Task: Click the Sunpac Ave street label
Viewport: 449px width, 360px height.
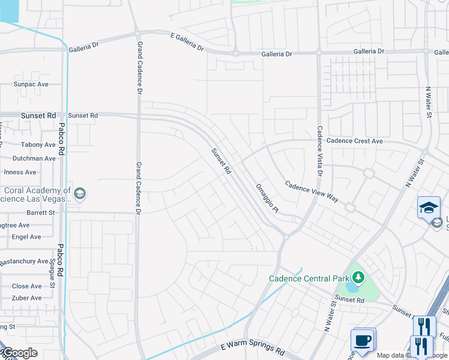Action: tap(31, 85)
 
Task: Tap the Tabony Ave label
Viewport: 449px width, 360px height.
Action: tap(38, 145)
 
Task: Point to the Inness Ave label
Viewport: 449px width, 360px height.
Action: tap(21, 172)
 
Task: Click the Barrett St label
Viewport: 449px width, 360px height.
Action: tap(41, 212)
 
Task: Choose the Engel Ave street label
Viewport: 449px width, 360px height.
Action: tap(26, 237)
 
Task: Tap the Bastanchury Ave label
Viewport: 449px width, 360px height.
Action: tap(24, 262)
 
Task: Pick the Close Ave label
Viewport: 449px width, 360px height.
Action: tap(27, 286)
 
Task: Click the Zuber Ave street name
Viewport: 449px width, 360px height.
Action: tap(27, 298)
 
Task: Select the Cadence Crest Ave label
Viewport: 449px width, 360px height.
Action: tap(354, 141)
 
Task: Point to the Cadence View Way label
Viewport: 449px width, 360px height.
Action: tap(312, 191)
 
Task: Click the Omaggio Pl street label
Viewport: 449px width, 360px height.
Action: tap(267, 198)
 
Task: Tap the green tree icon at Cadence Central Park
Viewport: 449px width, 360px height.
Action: tap(358, 277)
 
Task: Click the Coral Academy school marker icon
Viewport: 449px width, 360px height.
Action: tap(80, 194)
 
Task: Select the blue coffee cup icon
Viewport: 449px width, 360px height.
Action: tap(363, 340)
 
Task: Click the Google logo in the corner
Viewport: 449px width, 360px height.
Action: tap(19, 353)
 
